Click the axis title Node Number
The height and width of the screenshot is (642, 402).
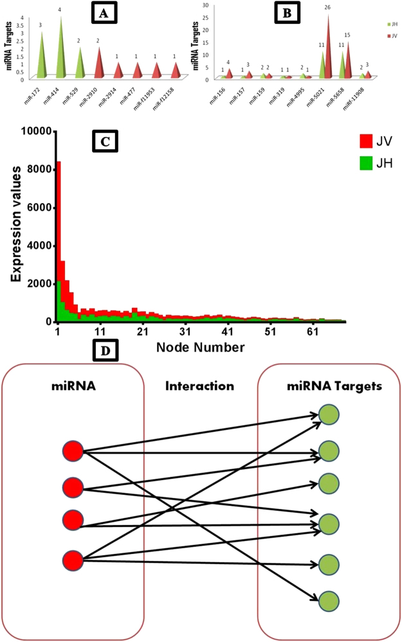point(200,348)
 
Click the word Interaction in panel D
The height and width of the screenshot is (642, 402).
point(199,386)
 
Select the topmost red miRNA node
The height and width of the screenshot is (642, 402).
point(73,452)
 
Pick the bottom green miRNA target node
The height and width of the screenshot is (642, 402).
point(329,601)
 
